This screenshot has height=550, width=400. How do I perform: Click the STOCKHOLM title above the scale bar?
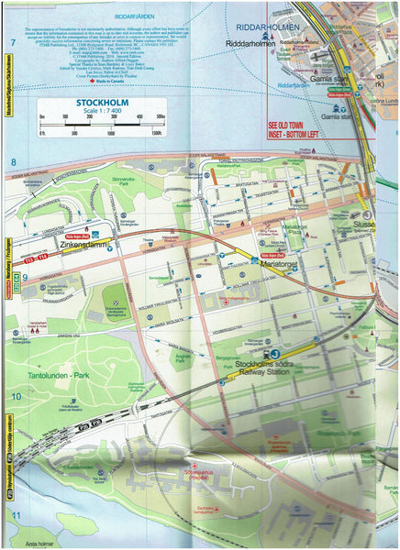point(102,103)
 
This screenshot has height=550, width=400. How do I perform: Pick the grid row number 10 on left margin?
point(14,397)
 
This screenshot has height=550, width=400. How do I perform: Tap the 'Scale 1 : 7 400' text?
point(102,112)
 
